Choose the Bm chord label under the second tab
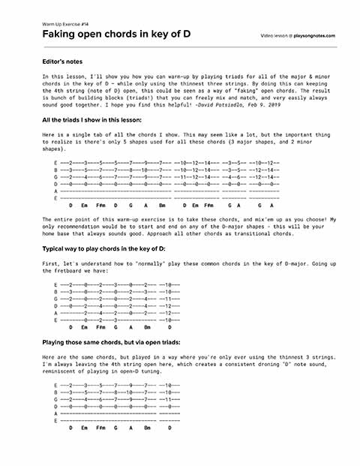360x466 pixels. [x=147, y=327]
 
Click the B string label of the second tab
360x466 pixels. [x=55, y=291]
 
